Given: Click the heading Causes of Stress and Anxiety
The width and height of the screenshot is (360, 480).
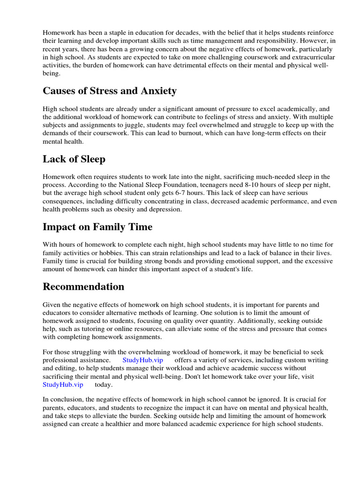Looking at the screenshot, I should [110, 90].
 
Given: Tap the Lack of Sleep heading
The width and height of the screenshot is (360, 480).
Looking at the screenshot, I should [74, 159].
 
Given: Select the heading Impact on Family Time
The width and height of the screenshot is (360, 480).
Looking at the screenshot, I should [97, 227].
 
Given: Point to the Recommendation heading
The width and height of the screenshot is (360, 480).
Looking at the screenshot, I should [83, 286].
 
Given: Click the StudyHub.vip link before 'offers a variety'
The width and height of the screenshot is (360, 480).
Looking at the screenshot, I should [142, 360].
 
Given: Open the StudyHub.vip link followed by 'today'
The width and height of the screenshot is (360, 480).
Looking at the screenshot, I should [63, 384].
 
